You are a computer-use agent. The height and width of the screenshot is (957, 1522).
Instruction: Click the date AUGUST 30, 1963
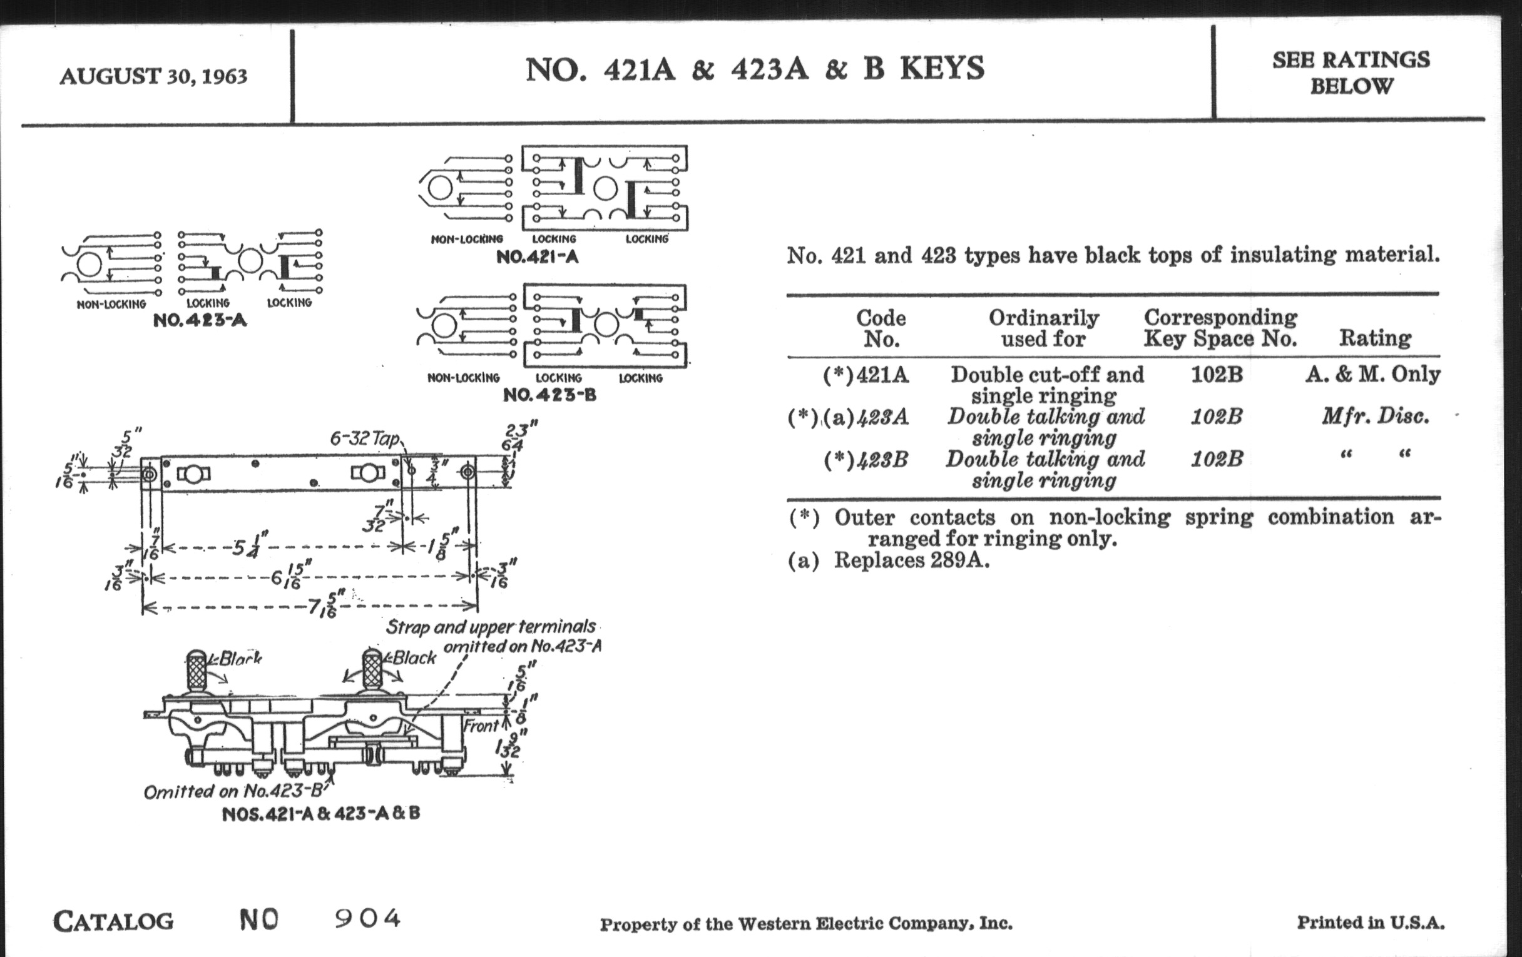[153, 76]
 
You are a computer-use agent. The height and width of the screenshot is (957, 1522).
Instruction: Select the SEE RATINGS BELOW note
[1351, 73]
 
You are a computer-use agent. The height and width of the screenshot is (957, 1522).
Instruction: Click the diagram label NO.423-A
[200, 320]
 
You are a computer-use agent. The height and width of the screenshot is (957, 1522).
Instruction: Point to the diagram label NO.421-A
[537, 257]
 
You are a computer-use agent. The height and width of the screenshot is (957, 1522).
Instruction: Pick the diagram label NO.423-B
[549, 395]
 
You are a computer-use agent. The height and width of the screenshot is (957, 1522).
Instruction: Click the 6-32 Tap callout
[364, 438]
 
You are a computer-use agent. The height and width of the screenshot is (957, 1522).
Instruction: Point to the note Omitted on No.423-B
[233, 791]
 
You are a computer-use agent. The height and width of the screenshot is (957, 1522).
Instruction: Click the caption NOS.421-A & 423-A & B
[320, 814]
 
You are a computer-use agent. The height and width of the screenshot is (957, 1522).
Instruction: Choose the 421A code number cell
[882, 375]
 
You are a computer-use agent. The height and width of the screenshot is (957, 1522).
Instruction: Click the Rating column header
[1375, 338]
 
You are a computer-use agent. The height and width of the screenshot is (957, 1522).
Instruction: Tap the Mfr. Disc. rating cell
[1375, 417]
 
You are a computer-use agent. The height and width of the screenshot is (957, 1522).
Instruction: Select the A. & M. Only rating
[1372, 375]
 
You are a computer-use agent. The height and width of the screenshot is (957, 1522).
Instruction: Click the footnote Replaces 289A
[911, 560]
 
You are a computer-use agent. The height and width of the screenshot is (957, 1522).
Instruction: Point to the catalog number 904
[367, 918]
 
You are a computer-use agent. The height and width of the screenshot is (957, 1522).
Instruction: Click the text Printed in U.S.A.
[1371, 923]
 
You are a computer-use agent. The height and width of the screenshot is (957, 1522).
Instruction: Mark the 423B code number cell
[882, 460]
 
